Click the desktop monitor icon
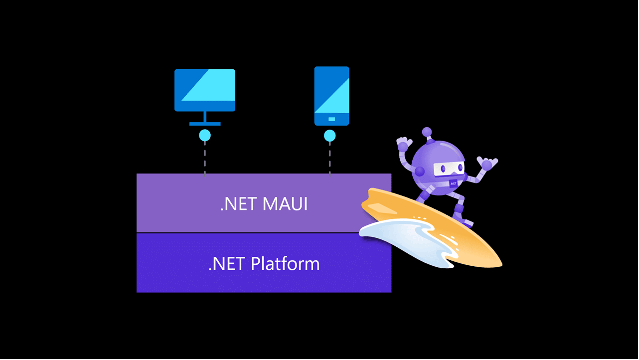coord(205,90)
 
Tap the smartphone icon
coord(331,95)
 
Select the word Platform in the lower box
coord(285,263)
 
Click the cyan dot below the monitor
coord(205,135)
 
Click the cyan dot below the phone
coord(329,135)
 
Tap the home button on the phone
coord(331,119)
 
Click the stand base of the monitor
coord(205,124)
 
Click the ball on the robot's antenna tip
coord(427,132)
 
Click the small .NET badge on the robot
coord(453,183)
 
